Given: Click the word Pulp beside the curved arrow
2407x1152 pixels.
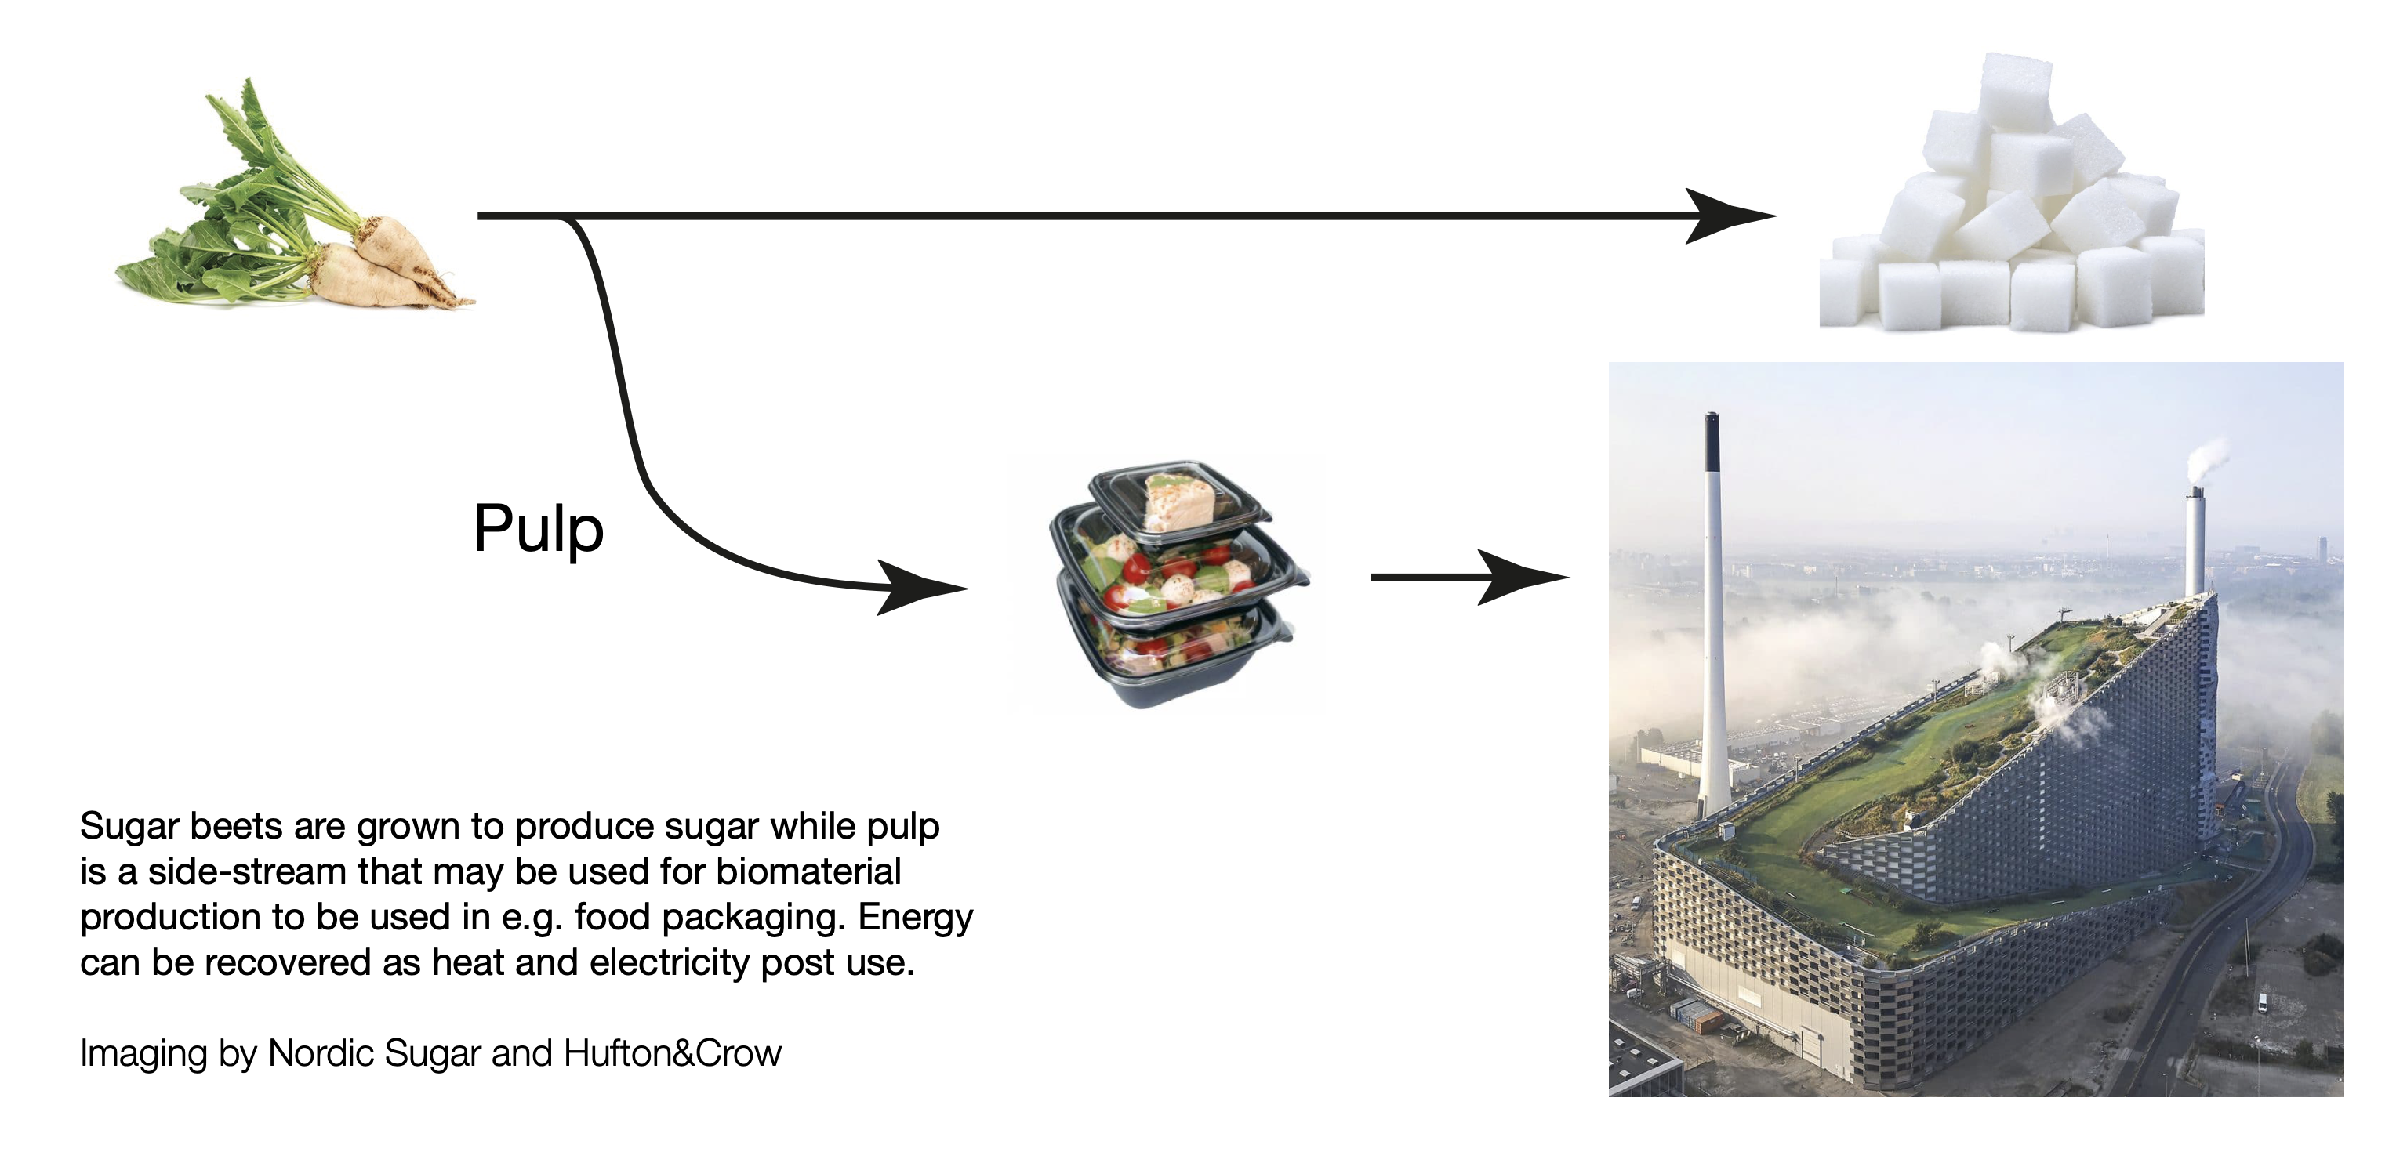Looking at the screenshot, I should coord(538,530).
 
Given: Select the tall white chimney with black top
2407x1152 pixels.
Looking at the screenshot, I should coord(1713,607).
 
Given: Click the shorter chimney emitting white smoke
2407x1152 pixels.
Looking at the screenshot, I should coord(2195,542).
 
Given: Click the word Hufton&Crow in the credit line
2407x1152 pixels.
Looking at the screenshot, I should coord(672,1053).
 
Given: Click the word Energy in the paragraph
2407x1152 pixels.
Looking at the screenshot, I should coord(915,918).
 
